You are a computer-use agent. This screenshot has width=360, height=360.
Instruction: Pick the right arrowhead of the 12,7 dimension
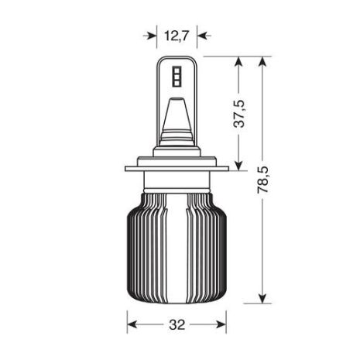click(203, 34)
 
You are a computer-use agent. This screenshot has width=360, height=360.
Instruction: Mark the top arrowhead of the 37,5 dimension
click(239, 61)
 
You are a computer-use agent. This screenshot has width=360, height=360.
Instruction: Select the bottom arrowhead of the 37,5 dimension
click(239, 162)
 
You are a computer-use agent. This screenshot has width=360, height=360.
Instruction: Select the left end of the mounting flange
click(125, 168)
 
